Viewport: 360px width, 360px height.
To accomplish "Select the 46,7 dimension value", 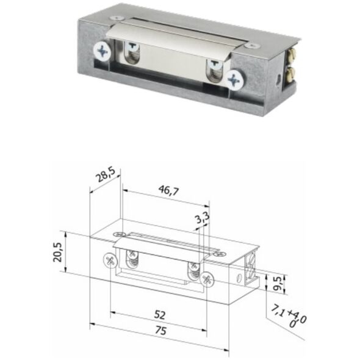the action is pyautogui.click(x=168, y=190).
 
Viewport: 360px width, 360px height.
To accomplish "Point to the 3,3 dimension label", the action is pyautogui.click(x=203, y=218).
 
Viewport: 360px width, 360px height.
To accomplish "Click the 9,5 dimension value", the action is pyautogui.click(x=278, y=283).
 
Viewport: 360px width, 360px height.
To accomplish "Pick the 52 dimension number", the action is pyautogui.click(x=160, y=315).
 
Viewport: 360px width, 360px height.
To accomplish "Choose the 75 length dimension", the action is pyautogui.click(x=160, y=331).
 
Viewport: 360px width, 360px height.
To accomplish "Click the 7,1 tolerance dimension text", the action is pyautogui.click(x=289, y=315).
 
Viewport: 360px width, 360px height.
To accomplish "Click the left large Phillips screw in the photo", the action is pyautogui.click(x=103, y=51).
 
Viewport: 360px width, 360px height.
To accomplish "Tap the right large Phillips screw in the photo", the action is pyautogui.click(x=235, y=80).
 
